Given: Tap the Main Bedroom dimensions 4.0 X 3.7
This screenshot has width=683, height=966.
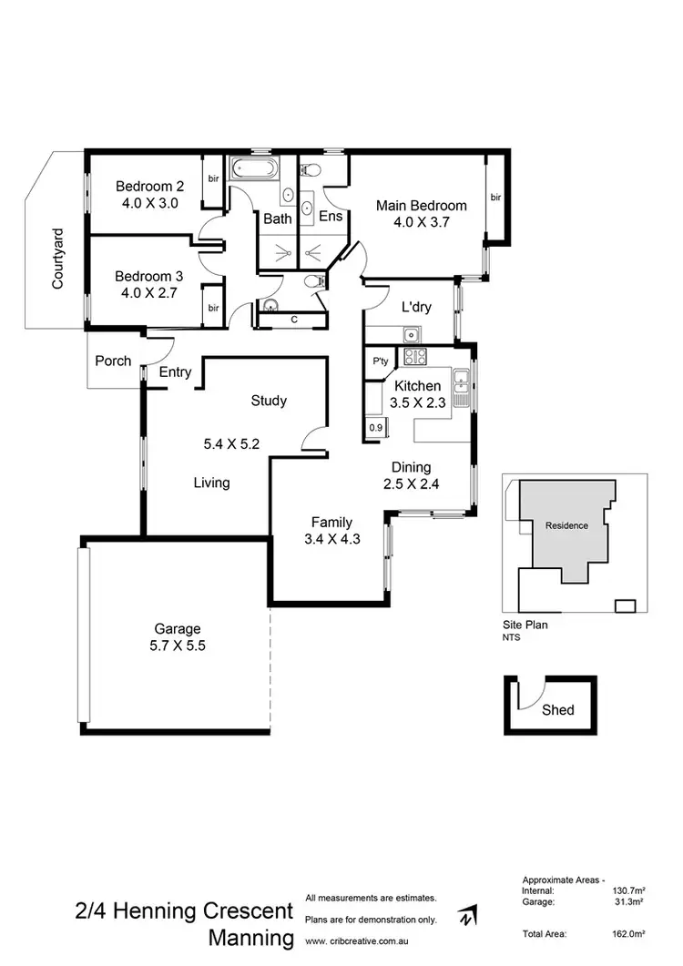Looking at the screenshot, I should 422,222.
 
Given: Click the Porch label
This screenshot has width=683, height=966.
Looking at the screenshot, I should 113,361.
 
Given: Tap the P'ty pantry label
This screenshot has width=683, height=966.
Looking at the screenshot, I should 381,361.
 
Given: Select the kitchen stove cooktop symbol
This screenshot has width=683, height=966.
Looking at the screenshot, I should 415,356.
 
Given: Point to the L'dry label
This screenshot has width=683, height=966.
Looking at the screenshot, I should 416,307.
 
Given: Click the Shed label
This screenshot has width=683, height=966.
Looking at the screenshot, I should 557,709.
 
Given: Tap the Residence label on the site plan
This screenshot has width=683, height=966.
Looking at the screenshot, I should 566,525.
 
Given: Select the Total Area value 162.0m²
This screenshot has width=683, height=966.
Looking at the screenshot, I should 627,934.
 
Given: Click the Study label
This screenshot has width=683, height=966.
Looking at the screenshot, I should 269,401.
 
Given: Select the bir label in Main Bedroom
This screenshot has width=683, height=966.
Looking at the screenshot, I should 495,197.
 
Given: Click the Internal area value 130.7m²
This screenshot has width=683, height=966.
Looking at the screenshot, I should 627,890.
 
